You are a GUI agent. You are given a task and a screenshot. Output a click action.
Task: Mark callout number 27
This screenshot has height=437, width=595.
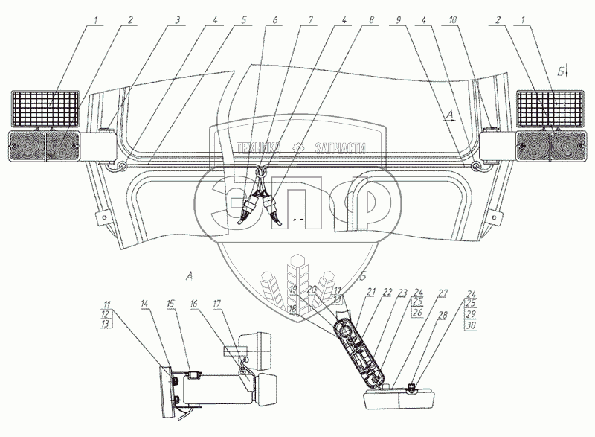[x=443, y=293]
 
